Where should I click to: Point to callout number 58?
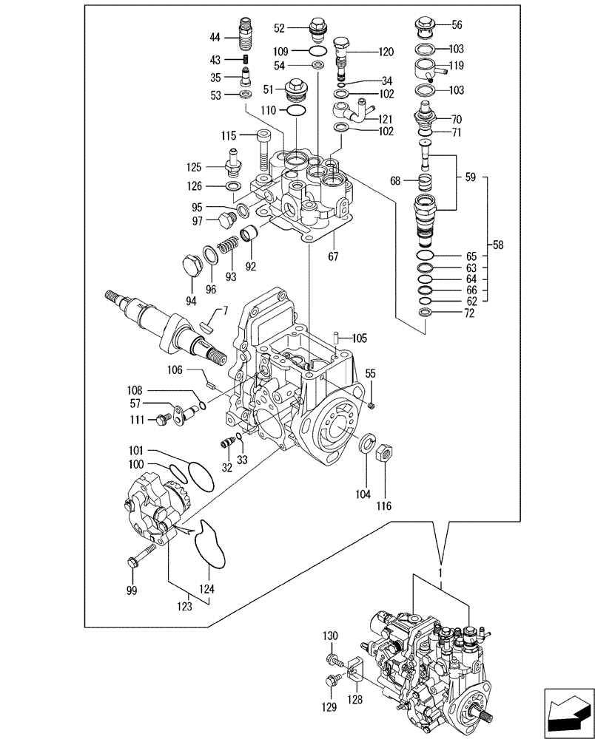[498, 245]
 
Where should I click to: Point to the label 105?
[360, 338]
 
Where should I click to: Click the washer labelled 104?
[366, 444]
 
